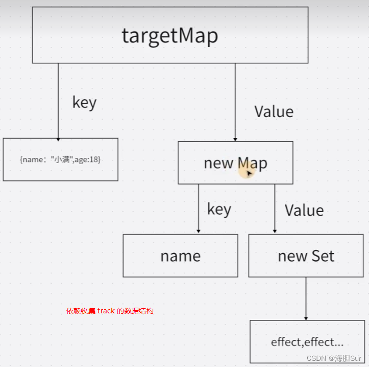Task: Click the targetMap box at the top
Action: point(170,35)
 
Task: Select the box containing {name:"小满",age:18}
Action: point(60,159)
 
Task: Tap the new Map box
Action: point(235,163)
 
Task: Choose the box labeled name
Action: point(180,256)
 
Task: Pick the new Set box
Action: point(306,256)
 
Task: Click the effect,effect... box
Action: point(307,341)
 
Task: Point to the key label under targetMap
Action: point(84,102)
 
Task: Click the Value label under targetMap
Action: point(274,111)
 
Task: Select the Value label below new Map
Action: point(304,210)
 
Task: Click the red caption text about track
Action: point(110,311)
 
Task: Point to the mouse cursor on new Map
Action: point(249,173)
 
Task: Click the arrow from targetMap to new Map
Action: point(235,102)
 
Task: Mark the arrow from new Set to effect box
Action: point(306,299)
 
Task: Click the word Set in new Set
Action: point(322,256)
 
